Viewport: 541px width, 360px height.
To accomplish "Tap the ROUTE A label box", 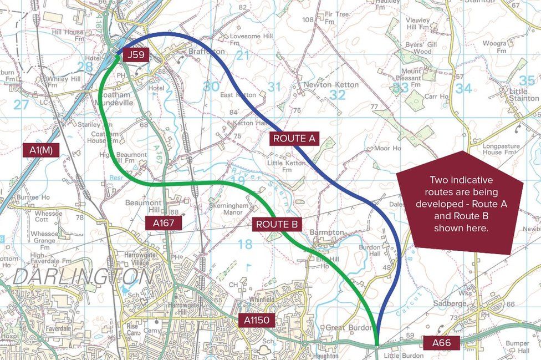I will click(295, 139).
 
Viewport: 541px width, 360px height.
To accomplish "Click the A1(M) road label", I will click(40, 149).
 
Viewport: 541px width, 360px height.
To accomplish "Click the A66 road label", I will click(441, 343).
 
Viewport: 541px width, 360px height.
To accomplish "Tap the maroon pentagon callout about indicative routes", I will click(460, 204).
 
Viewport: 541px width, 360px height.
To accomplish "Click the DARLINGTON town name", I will click(83, 277).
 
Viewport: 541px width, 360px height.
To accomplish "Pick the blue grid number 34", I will click(463, 88).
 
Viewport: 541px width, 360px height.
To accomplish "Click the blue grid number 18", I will click(244, 244).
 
